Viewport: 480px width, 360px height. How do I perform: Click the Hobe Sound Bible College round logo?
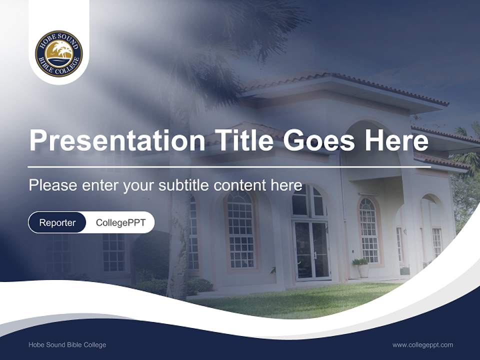click(x=59, y=53)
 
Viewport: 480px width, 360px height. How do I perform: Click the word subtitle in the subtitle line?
click(x=184, y=185)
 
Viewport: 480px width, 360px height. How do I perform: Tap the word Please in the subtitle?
click(x=51, y=185)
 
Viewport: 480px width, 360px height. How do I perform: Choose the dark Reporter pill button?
click(x=57, y=222)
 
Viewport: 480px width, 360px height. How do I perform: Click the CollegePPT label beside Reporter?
click(x=120, y=222)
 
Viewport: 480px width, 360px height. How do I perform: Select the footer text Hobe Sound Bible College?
click(x=67, y=344)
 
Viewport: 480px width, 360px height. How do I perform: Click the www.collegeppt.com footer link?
click(x=422, y=344)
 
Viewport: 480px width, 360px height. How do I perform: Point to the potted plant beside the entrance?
click(x=361, y=267)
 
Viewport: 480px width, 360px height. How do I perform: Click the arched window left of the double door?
click(x=240, y=230)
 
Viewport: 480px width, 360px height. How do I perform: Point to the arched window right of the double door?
click(x=369, y=229)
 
